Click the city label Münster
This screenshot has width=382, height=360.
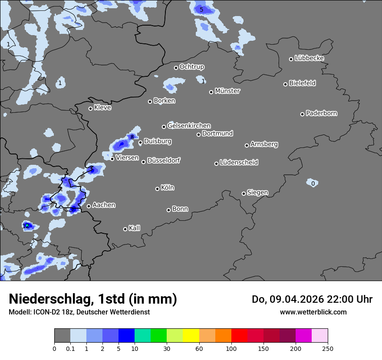[227, 91]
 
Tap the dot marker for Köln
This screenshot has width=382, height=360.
[158, 189]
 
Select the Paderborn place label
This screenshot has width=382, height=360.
[322, 113]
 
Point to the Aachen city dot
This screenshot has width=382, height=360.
[89, 206]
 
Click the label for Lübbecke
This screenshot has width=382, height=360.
[310, 58]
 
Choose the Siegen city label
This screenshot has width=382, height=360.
[258, 193]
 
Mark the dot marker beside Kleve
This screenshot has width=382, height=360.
[91, 108]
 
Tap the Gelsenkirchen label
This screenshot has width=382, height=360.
[189, 126]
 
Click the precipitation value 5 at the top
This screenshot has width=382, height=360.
[201, 10]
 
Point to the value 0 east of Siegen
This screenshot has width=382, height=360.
[313, 183]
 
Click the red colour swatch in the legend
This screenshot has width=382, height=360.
[239, 336]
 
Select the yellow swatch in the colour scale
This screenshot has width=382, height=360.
[191, 336]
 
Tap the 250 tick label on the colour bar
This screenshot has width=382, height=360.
[328, 348]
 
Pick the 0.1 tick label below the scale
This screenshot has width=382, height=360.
[70, 348]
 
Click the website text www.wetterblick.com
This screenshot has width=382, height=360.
[313, 312]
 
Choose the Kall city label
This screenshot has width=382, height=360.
[135, 228]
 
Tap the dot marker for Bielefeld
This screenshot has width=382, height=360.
[286, 84]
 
